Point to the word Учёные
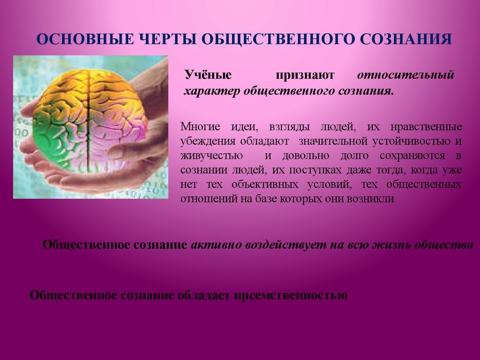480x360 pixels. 202,75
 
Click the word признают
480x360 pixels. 305,75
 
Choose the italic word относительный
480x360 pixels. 406,75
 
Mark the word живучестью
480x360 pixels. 211,156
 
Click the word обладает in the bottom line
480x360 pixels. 202,296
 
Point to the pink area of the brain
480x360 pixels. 117,141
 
